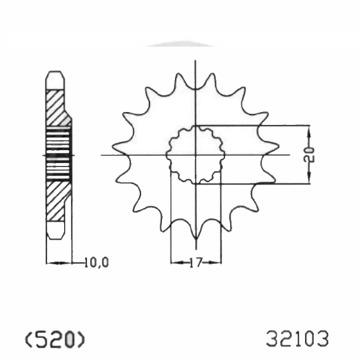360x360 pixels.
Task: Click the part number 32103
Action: [x=298, y=339]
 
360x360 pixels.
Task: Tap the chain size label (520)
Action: [x=55, y=339]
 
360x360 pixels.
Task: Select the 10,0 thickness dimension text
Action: [x=96, y=263]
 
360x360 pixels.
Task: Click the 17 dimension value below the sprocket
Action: [x=196, y=263]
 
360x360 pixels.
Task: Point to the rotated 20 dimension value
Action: [x=309, y=155]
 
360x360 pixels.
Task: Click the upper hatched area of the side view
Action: [x=56, y=108]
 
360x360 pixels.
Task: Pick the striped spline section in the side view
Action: [x=58, y=154]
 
